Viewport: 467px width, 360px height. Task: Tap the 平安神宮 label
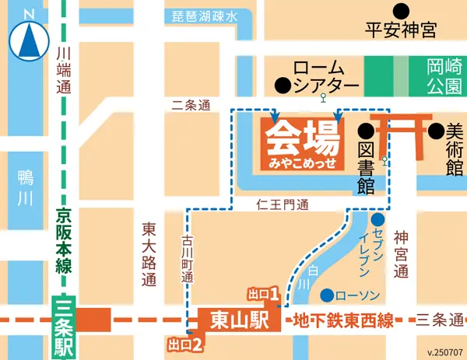pos(401,30)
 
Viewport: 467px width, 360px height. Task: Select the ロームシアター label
pos(324,75)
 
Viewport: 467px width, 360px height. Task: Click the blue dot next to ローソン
pos(328,295)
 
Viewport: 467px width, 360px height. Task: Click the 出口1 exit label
pos(263,294)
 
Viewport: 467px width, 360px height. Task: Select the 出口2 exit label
pos(185,343)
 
